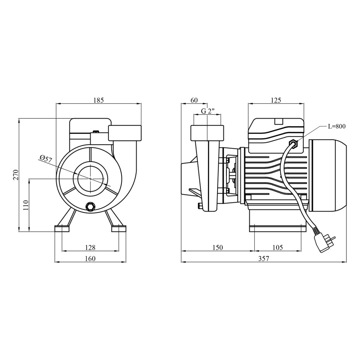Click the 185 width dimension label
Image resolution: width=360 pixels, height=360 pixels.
point(99,100)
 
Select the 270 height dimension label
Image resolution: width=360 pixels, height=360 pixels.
point(15,175)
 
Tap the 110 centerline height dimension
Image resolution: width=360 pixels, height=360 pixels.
point(26,205)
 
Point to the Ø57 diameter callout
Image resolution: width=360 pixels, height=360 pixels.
point(46,159)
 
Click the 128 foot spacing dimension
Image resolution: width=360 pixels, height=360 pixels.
point(90,247)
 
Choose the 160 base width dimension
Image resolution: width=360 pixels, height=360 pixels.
point(90,259)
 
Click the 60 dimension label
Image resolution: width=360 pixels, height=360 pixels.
point(194,100)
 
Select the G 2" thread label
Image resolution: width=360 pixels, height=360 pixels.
point(207,111)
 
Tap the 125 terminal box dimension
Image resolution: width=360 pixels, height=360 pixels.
point(276,100)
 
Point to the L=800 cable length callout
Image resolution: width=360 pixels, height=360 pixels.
point(337,126)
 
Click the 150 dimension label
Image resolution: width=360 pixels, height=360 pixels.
point(218,247)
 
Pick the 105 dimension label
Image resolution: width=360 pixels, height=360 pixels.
point(278,247)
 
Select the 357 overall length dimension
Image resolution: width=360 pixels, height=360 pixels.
point(264,259)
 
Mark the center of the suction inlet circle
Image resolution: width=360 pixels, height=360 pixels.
point(90,178)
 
